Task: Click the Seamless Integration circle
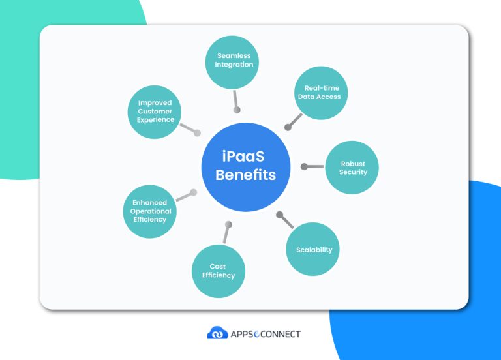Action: tap(234, 61)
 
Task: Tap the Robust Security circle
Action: tap(352, 168)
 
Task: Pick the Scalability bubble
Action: tap(314, 249)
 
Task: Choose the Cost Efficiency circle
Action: tap(218, 271)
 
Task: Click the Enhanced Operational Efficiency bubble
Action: tap(149, 211)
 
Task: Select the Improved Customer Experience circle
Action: tap(155, 112)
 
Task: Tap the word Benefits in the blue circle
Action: tap(245, 175)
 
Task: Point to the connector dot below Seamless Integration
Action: tap(237, 110)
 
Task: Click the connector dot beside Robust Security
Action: tap(304, 167)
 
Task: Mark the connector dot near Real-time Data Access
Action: tap(288, 127)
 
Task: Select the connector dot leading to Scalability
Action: tap(279, 214)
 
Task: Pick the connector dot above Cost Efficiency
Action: tap(228, 224)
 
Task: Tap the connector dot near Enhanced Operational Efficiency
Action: tap(193, 192)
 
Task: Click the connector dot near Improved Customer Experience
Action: tap(197, 132)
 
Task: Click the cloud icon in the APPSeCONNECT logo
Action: tap(217, 333)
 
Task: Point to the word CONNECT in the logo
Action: tap(279, 334)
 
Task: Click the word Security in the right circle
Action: tap(353, 173)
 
